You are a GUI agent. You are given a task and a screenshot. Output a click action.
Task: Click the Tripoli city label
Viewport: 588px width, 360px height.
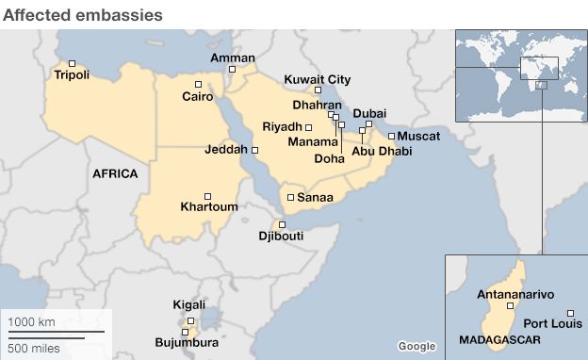[x=73, y=74]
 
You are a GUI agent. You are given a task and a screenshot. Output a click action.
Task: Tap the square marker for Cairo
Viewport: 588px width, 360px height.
[x=198, y=84]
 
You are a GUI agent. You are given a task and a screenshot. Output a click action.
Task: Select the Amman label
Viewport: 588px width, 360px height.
[x=232, y=57]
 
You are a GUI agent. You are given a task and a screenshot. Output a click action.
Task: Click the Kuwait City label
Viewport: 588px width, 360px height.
[x=318, y=79]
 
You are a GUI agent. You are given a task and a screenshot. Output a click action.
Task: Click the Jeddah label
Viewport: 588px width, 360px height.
[x=225, y=150]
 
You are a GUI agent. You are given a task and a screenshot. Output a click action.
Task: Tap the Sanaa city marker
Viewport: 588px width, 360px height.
[x=290, y=197]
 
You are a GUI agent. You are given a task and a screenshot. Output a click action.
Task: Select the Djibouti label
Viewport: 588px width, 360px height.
[x=281, y=237]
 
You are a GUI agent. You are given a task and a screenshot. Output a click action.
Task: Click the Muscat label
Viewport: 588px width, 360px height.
[x=418, y=136]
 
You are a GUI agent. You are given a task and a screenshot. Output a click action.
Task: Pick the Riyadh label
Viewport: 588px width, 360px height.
[x=283, y=126]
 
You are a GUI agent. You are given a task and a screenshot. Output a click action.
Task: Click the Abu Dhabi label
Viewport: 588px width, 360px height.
[x=382, y=151]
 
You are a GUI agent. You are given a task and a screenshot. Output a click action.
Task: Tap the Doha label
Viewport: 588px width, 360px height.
[x=329, y=159]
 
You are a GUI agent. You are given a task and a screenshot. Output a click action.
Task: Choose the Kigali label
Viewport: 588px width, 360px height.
[x=188, y=304]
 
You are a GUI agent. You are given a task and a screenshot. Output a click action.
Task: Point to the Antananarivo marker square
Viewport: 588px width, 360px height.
[x=511, y=305]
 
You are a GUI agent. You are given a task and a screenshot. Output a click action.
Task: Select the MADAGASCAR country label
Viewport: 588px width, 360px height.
[x=498, y=337]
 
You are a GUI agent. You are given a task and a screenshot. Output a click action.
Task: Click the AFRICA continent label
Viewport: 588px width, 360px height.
[x=115, y=174]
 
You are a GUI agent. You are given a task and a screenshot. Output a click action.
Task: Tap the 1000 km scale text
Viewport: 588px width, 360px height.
[x=32, y=322]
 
